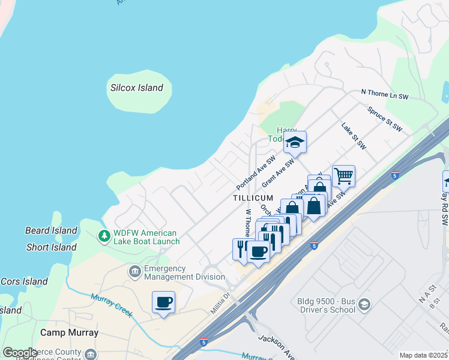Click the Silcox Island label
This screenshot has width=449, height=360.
(x=136, y=88)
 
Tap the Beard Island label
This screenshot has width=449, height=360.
(x=51, y=230)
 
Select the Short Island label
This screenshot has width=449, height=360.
(x=51, y=247)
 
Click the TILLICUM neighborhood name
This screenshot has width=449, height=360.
(x=253, y=198)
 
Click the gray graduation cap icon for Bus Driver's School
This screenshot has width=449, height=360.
(x=364, y=305)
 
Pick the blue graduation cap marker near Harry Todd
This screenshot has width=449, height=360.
(x=295, y=143)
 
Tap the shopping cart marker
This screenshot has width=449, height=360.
(x=343, y=176)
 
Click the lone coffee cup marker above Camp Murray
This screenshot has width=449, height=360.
(x=163, y=302)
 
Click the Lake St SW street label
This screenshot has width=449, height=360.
(x=354, y=136)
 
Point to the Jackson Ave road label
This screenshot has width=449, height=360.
(x=276, y=347)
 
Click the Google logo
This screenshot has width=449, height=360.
(x=20, y=353)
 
